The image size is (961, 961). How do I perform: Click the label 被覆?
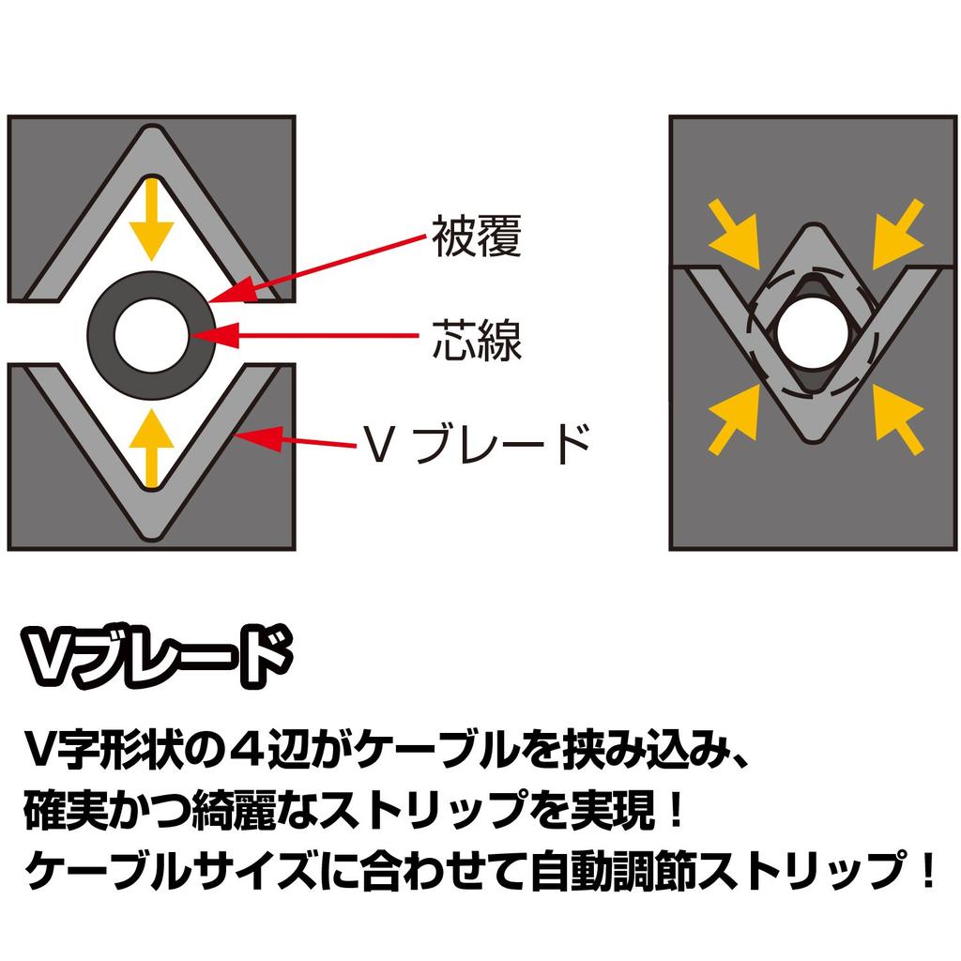pyautogui.click(x=477, y=236)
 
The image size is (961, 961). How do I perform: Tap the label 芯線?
pyautogui.click(x=477, y=338)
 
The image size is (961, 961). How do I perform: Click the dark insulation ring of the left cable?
pyautogui.click(x=101, y=335)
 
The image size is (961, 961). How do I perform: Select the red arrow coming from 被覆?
pyautogui.click(x=317, y=268)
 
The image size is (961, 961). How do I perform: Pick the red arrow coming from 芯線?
pyautogui.click(x=305, y=335)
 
